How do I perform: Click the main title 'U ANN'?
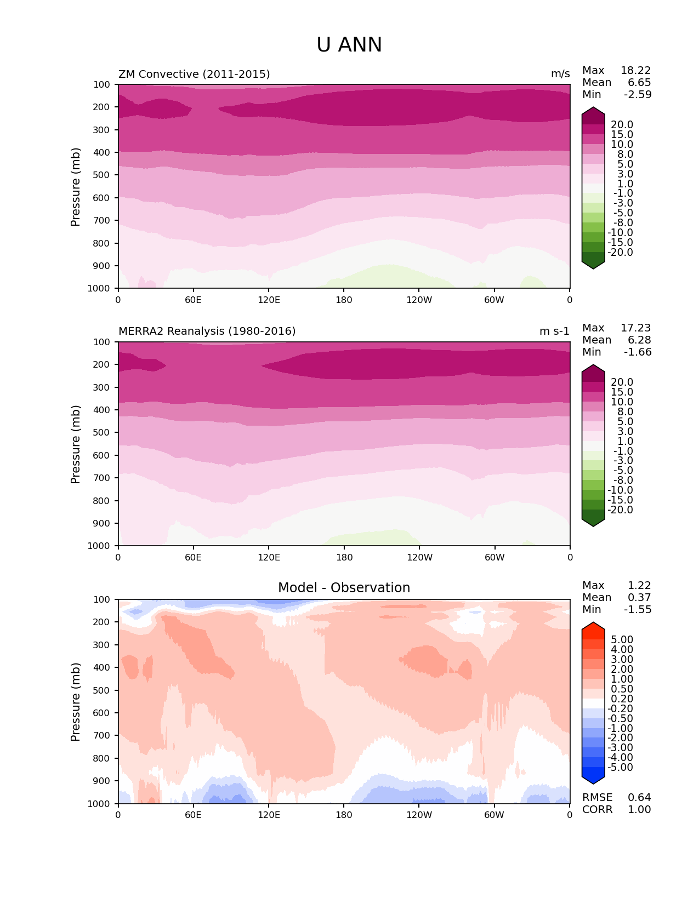[349, 45]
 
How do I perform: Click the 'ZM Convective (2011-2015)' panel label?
[194, 75]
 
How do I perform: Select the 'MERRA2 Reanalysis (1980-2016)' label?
[207, 331]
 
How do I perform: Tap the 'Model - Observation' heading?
[344, 588]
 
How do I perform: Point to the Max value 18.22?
[635, 71]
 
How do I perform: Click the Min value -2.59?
[638, 95]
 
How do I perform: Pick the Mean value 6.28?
[639, 340]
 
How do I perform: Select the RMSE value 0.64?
[639, 798]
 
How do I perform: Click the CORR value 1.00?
[639, 810]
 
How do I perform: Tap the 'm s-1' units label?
[554, 331]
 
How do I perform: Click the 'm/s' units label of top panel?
[560, 75]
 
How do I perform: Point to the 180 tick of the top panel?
[344, 300]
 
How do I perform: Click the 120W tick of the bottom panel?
[419, 815]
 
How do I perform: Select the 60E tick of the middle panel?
[193, 558]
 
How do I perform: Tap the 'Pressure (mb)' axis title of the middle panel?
[76, 444]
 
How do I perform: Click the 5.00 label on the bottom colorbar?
[622, 640]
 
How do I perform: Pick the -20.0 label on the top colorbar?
[621, 253]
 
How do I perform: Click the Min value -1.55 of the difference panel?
[638, 610]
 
